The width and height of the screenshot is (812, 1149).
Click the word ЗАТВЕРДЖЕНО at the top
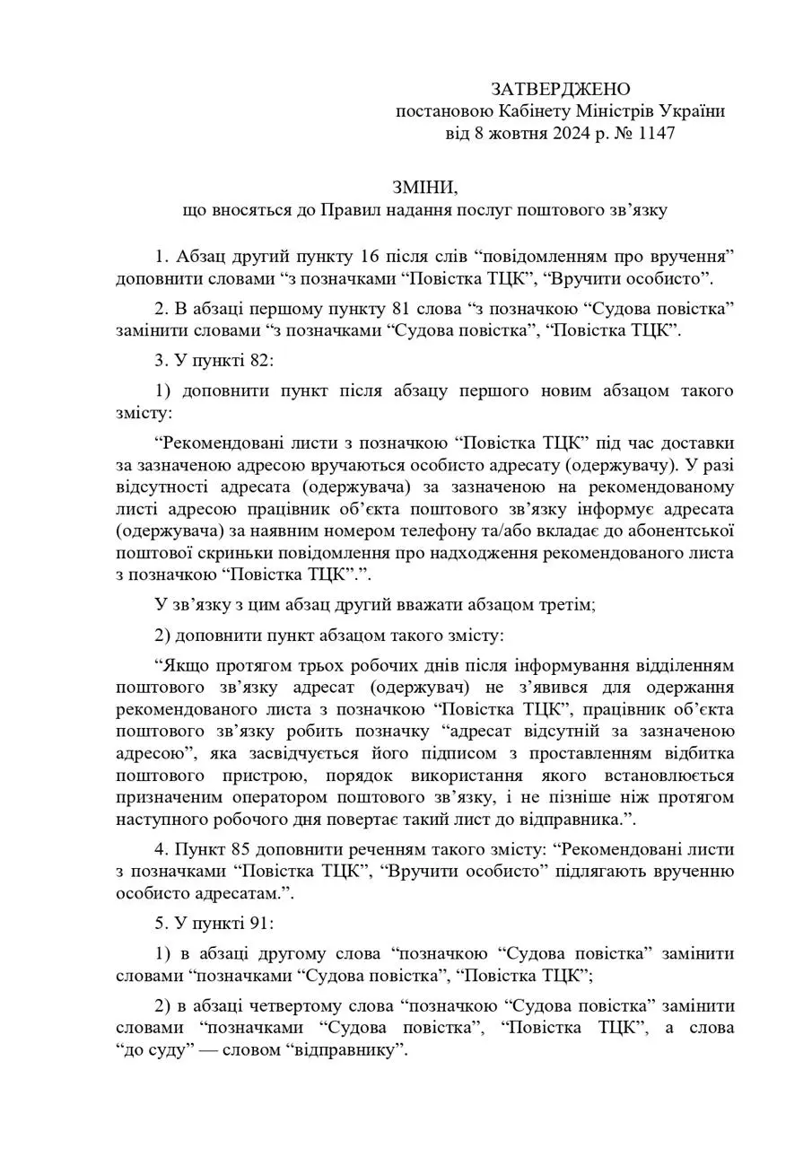click(561, 89)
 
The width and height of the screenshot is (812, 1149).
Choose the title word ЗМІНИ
click(424, 188)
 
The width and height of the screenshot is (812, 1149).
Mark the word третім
click(567, 605)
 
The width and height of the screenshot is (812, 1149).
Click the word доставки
click(698, 443)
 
